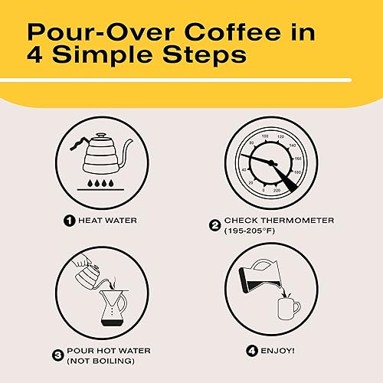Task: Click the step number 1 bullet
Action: (x=68, y=221)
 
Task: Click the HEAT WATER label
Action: (x=106, y=221)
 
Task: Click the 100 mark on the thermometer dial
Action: (x=265, y=137)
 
